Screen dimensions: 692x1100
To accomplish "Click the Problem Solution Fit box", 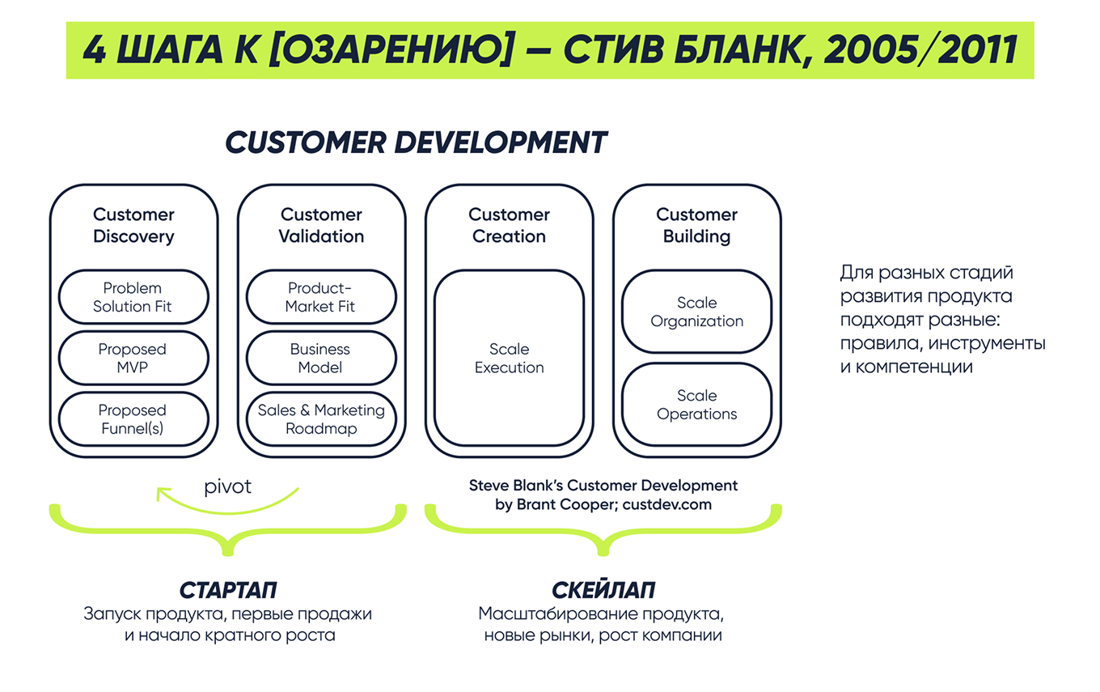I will point(133,297).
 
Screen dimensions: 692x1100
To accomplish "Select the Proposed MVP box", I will point(133,359).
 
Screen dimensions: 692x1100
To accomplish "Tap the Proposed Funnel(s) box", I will point(133,419).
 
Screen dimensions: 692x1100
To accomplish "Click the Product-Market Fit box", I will point(321,297).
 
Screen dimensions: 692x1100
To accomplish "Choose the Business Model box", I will point(321,359).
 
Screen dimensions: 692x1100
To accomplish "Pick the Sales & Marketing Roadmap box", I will point(321,419).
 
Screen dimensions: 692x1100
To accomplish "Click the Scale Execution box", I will point(509,359).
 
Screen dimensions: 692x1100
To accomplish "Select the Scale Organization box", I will point(696,312).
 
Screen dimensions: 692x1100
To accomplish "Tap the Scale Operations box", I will point(696,405).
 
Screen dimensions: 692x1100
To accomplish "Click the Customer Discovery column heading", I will point(133,226).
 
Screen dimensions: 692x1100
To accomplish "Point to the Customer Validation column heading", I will point(321,226).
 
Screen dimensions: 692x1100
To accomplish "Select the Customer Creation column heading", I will point(509,226).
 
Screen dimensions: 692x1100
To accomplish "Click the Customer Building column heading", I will point(696,226).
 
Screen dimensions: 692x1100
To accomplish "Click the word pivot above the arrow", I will point(227,486).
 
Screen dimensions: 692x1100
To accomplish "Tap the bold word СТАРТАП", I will point(228,589).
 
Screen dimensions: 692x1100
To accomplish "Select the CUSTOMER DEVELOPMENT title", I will point(416,142).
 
